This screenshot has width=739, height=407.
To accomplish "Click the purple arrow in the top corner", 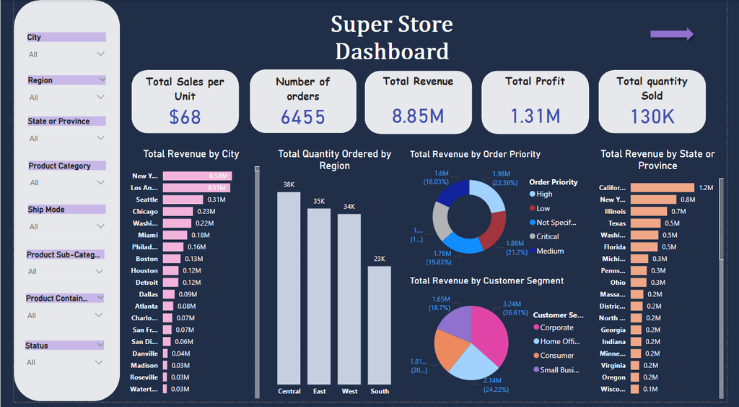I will tap(671, 34).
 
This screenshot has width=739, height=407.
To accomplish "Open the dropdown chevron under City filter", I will tap(100, 54).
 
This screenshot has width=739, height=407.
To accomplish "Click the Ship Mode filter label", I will tap(46, 210).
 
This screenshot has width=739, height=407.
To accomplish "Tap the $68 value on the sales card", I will tap(185, 116).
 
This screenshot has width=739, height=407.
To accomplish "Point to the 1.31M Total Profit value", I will tap(535, 116).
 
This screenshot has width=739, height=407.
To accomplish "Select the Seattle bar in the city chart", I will tap(183, 200).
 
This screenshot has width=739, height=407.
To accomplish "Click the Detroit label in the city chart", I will tap(147, 282).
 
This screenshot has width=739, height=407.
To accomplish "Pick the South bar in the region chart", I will tap(379, 325).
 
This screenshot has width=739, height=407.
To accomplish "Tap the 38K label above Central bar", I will tap(289, 185).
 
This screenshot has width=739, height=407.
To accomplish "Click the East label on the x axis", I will tap(320, 391).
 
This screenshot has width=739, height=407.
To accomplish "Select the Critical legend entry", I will tap(547, 236).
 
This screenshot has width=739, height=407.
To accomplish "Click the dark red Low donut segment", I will tap(493, 231).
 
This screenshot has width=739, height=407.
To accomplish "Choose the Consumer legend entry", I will tap(556, 356).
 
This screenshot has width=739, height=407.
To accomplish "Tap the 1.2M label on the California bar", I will tap(705, 188).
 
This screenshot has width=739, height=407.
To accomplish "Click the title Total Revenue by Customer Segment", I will tap(486, 280).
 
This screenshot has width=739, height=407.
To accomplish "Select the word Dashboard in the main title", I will tap(392, 51).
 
